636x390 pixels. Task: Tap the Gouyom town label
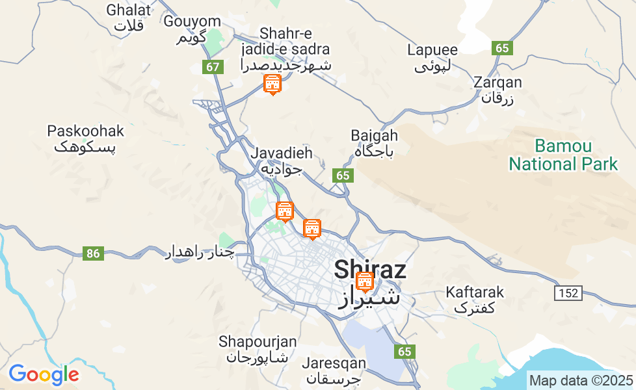[192, 29]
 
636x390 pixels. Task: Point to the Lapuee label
[432, 57]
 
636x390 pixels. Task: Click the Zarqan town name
[498, 90]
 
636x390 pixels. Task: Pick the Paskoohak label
[85, 138]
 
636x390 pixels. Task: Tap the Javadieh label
[282, 161]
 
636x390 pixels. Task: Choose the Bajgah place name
[374, 143]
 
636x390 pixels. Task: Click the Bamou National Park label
[563, 155]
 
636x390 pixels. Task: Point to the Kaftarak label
[475, 300]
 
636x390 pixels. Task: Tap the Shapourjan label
[258, 349]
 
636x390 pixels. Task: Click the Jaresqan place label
[334, 370]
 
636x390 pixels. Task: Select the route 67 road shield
[213, 66]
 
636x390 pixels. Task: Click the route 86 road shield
[93, 253]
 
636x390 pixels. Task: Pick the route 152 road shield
[567, 293]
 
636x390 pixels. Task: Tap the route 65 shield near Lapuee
[503, 48]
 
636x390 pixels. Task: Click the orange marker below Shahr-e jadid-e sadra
[272, 84]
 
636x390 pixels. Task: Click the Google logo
[44, 374]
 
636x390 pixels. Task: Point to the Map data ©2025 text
[581, 380]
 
